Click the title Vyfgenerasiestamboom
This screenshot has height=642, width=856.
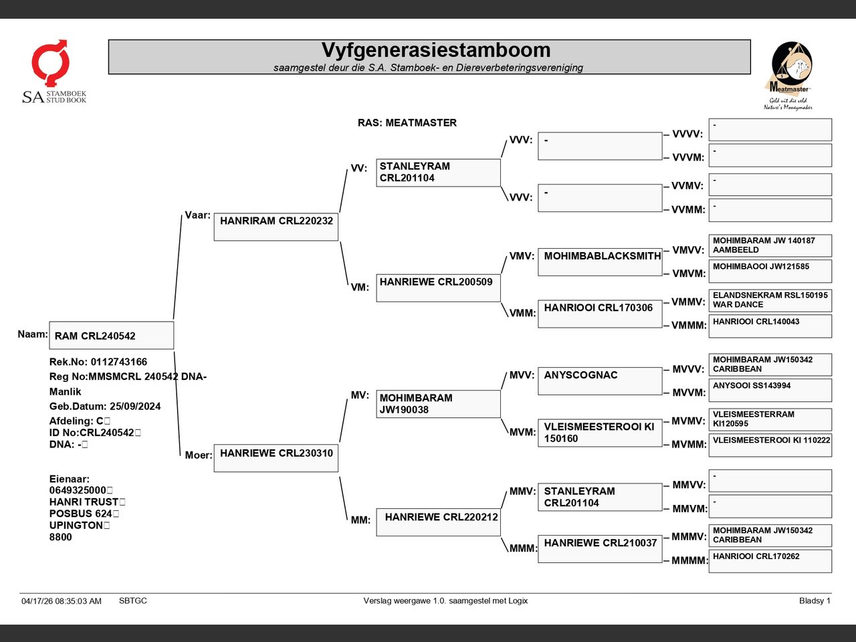click(436, 50)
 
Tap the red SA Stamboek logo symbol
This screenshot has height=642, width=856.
click(50, 62)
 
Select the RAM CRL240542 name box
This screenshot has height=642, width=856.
click(112, 335)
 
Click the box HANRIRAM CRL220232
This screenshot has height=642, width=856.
click(276, 227)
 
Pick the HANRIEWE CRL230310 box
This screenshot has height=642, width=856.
click(276, 458)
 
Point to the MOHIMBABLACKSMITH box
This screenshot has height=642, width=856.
click(600, 262)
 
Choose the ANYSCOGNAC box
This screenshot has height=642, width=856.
click(600, 381)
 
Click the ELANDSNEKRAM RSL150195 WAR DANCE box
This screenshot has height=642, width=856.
click(770, 300)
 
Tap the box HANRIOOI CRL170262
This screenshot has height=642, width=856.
click(770, 561)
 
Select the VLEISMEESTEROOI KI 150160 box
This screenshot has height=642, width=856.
click(600, 433)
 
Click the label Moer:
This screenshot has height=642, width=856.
click(198, 455)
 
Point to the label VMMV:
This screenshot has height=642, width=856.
click(688, 302)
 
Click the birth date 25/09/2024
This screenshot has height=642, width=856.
click(135, 406)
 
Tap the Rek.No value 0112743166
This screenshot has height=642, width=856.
click(119, 362)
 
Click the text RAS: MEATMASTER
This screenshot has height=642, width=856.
click(407, 123)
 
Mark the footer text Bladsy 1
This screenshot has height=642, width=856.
click(815, 601)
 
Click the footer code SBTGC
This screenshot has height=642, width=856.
click(133, 601)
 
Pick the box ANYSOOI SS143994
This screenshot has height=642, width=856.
click(770, 390)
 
